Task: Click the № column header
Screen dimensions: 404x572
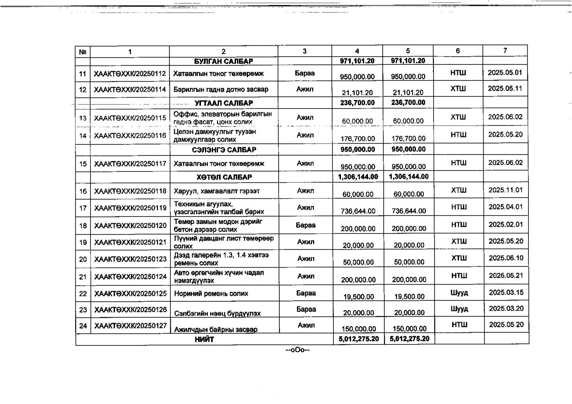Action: pyautogui.click(x=82, y=52)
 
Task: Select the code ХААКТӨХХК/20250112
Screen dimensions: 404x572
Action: pyautogui.click(x=130, y=74)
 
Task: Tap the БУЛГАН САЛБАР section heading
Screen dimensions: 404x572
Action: pyautogui.click(x=223, y=61)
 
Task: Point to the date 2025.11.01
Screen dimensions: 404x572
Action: pyautogui.click(x=506, y=190)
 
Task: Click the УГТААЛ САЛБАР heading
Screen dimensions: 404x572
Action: pyautogui.click(x=224, y=103)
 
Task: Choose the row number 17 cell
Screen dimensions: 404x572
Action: pyautogui.click(x=83, y=208)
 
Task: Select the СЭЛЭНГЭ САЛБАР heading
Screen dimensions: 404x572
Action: pyautogui.click(x=224, y=150)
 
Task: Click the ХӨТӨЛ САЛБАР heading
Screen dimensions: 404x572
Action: pyautogui.click(x=224, y=177)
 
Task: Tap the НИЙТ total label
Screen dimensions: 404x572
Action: pyautogui.click(x=204, y=339)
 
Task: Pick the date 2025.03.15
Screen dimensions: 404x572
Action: pyautogui.click(x=506, y=292)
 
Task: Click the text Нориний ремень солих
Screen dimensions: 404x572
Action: pyautogui.click(x=211, y=294)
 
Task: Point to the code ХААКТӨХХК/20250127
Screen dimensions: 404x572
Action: pyautogui.click(x=130, y=326)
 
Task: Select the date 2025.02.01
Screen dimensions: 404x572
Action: pyautogui.click(x=506, y=225)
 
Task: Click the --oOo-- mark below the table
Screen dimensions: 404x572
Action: pyautogui.click(x=297, y=350)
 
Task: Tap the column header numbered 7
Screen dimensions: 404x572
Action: pyautogui.click(x=505, y=51)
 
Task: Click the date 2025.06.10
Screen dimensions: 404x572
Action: pyautogui.click(x=506, y=258)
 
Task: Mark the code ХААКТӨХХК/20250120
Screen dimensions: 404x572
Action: pyautogui.click(x=130, y=225)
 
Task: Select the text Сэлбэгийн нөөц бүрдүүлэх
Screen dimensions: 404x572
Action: pyautogui.click(x=217, y=313)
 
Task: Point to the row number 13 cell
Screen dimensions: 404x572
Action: pyautogui.click(x=83, y=118)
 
